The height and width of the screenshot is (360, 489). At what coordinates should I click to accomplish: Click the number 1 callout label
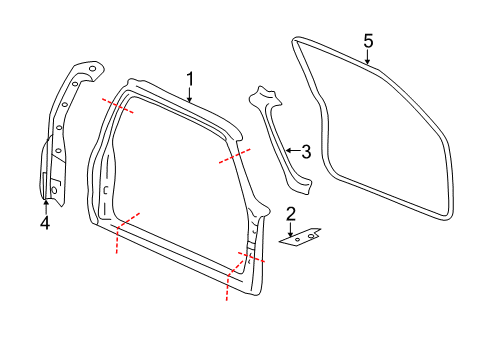(189, 77)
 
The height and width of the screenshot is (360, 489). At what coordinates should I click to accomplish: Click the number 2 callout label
(291, 213)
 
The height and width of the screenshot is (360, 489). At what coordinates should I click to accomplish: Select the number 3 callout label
(307, 152)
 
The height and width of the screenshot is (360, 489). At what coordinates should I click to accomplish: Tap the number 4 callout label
(44, 223)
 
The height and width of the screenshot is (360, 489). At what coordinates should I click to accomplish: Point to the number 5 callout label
(368, 40)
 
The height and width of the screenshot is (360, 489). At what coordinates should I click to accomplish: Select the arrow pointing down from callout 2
(291, 229)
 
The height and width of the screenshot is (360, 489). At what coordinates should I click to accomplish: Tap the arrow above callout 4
(44, 205)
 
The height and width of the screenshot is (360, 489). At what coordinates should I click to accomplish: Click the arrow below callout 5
(368, 58)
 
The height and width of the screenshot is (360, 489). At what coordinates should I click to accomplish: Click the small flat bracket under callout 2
(301, 239)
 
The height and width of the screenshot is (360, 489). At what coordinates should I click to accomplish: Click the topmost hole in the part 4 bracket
(93, 69)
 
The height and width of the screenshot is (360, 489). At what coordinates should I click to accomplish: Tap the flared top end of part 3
(265, 96)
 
